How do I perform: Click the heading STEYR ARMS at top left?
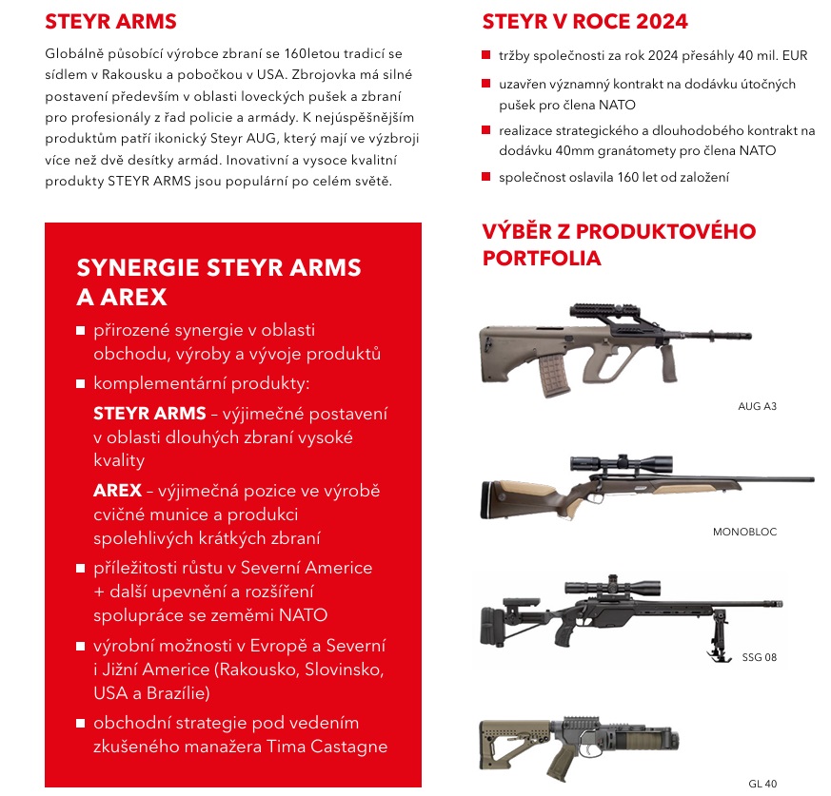(110, 22)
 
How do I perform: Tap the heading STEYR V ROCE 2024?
(584, 22)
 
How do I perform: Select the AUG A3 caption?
(759, 406)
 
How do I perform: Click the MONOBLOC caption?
(744, 532)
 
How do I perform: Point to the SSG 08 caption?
(760, 657)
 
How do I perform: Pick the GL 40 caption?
(762, 784)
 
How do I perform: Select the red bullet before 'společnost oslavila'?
(486, 178)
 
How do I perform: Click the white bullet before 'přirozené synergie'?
(80, 331)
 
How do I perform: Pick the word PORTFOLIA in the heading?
(542, 258)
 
